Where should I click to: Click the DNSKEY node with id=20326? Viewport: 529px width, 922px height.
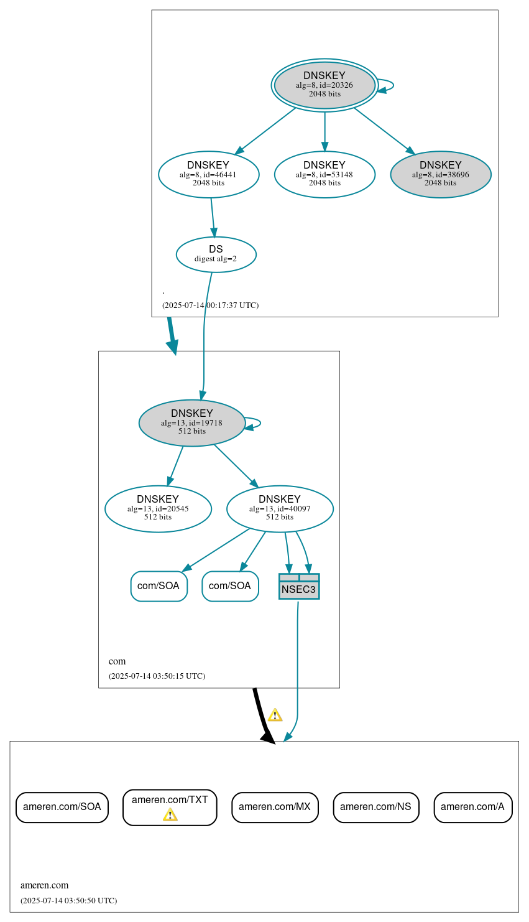324,85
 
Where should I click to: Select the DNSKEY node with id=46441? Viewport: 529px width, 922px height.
208,175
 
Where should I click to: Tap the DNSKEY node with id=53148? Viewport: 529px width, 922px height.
324,175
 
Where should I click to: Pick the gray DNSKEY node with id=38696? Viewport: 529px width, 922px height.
440,175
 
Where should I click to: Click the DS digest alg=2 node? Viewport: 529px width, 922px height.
216,254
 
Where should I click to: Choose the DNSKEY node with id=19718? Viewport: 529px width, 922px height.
192,423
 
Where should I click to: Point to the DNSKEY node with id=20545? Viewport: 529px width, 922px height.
158,509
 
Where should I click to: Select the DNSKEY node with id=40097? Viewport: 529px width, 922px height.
280,509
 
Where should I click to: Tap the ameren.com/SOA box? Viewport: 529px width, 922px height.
62,807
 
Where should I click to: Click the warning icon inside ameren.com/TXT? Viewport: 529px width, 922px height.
170,815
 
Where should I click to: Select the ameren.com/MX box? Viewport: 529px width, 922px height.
275,807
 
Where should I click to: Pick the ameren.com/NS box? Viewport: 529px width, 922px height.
375,807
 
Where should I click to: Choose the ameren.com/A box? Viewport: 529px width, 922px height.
472,807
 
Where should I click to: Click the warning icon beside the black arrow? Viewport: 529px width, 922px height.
275,715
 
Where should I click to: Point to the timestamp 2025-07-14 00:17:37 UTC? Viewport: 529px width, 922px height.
210,305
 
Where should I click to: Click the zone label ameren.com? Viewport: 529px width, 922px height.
44,885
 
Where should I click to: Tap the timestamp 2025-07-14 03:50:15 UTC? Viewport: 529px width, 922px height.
157,676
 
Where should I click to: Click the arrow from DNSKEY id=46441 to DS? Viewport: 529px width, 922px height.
213,218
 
